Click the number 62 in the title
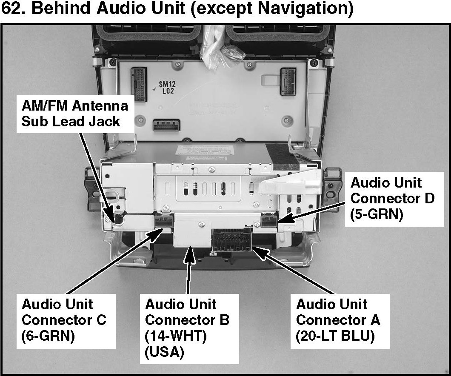(x=12, y=9)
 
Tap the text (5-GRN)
(x=376, y=214)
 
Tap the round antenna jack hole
(x=119, y=219)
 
